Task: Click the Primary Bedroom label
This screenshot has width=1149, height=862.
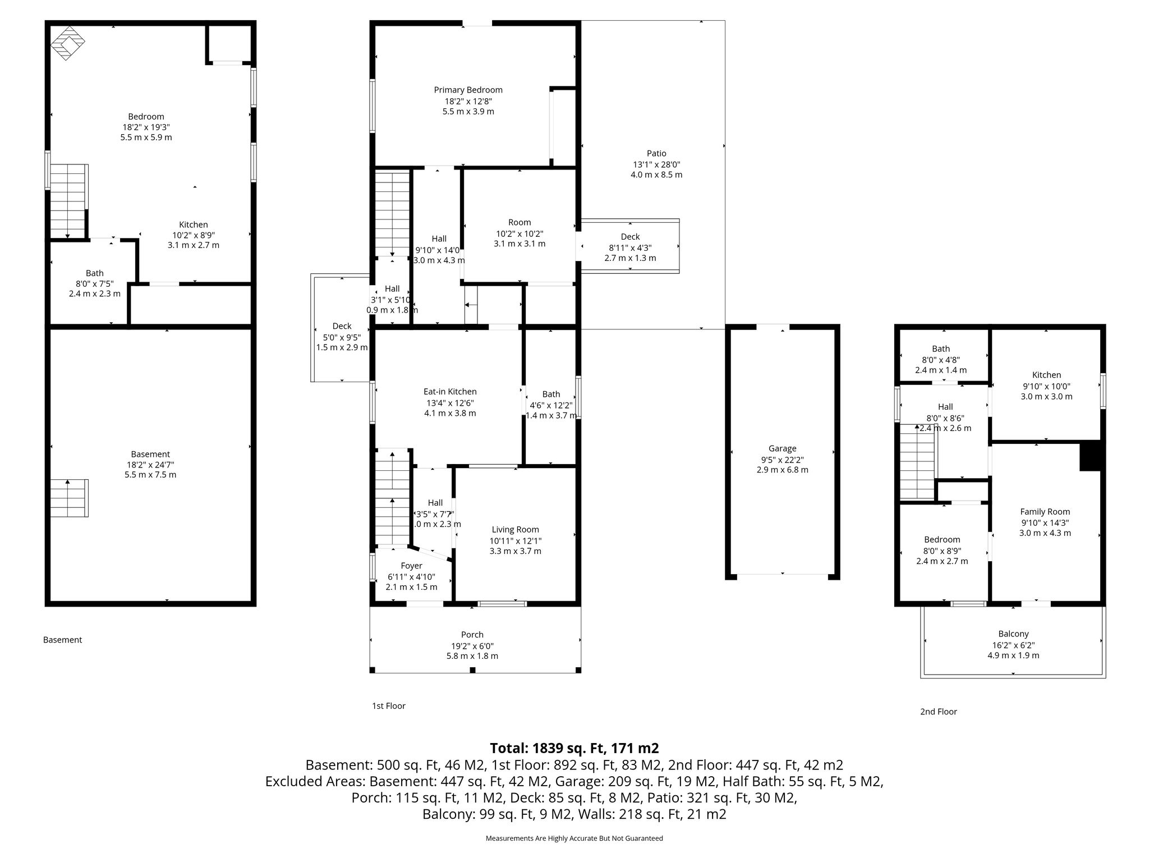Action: (x=468, y=90)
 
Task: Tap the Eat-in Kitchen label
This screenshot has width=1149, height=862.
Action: (x=450, y=392)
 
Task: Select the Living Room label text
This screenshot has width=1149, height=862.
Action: (x=515, y=530)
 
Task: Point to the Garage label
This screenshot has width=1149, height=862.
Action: (x=782, y=448)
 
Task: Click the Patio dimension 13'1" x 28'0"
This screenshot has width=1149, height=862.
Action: (x=656, y=164)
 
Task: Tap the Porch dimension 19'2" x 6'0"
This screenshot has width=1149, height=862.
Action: (x=472, y=646)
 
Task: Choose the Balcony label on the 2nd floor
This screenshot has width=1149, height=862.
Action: (x=1013, y=634)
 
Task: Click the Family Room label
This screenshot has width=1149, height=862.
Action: (x=1045, y=512)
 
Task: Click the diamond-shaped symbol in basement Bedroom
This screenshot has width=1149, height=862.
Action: (x=68, y=43)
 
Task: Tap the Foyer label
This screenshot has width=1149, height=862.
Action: (x=411, y=566)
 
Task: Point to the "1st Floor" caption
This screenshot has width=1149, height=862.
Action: (x=388, y=706)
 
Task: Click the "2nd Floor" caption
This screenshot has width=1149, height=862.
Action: (x=938, y=712)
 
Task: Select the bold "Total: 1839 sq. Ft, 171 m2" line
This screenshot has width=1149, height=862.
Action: (x=574, y=748)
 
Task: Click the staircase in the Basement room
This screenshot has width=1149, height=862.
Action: (x=68, y=498)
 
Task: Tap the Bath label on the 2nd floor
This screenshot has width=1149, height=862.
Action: (x=941, y=349)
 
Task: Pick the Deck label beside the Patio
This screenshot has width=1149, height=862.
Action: (x=630, y=237)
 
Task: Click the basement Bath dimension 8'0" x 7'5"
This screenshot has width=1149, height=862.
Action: (x=95, y=283)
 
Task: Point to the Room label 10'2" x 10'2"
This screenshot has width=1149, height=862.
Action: (x=520, y=222)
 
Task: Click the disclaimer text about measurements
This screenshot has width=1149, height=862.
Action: (x=574, y=838)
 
